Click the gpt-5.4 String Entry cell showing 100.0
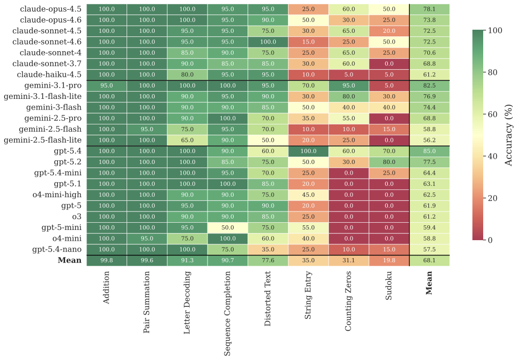tap(308, 151)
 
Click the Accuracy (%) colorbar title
tap(508, 135)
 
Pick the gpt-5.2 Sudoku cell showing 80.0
tap(389, 162)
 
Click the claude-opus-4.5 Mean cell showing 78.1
tap(429, 9)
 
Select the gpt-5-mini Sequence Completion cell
tap(228, 227)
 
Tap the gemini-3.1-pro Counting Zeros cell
tap(348, 86)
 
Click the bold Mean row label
tap(70, 260)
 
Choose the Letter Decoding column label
tap(187, 303)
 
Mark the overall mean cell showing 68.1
tap(429, 260)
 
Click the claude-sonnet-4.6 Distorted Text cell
tap(268, 42)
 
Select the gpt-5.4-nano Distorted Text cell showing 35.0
tap(268, 249)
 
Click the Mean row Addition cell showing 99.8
tap(107, 260)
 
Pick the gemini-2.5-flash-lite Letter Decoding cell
tap(187, 140)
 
